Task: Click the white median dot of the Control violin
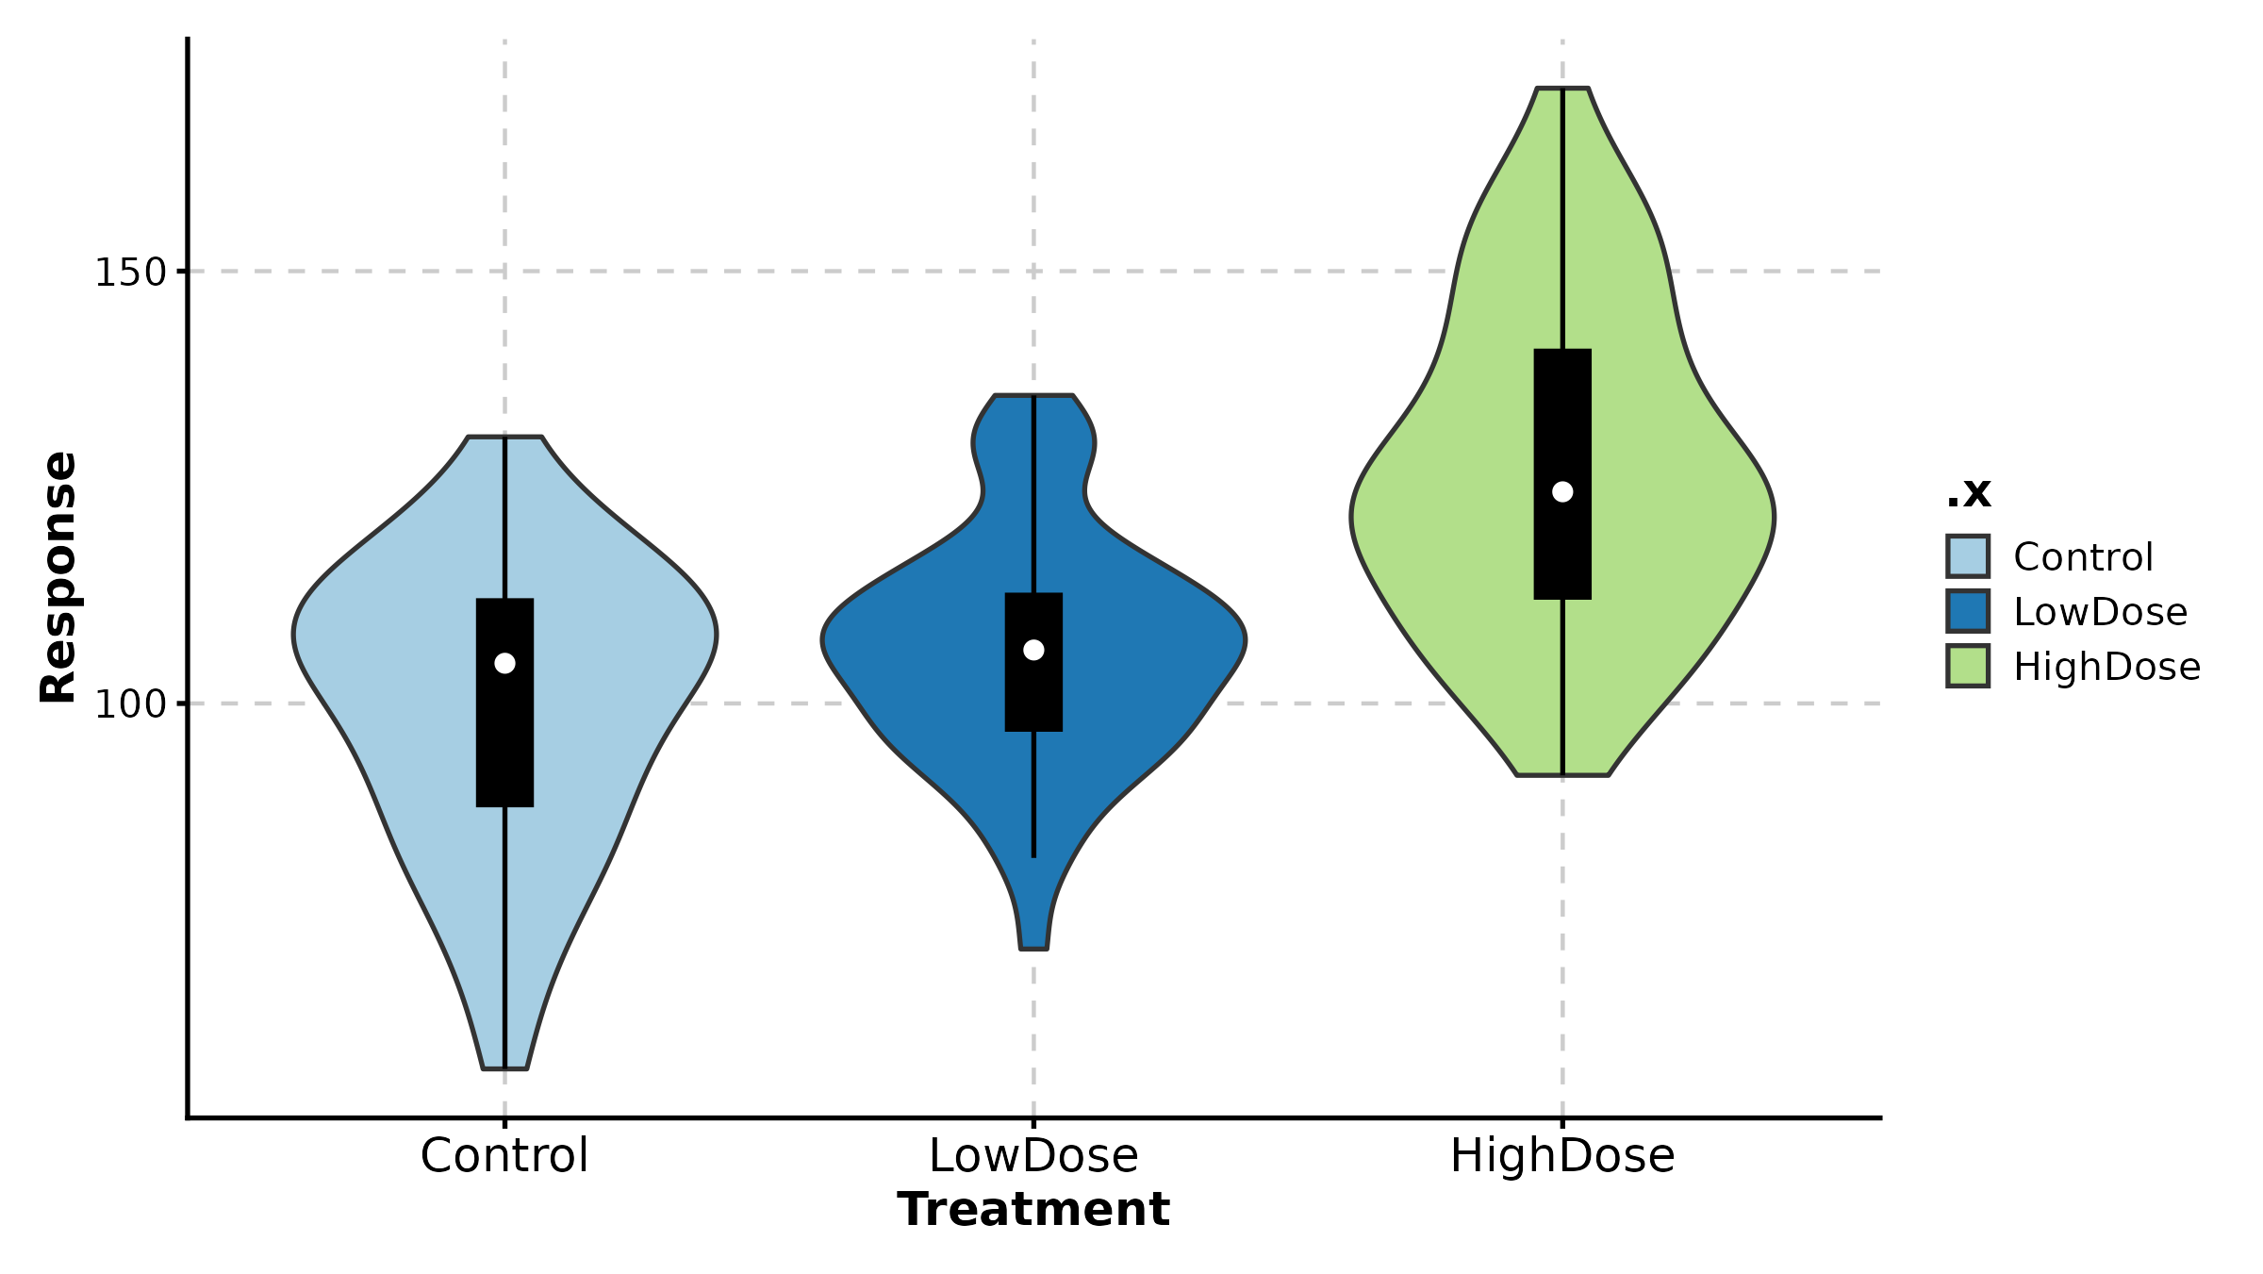[x=504, y=664]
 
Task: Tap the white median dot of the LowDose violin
[x=1033, y=650]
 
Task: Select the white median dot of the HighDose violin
[x=1562, y=491]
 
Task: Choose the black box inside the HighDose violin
[x=1562, y=415]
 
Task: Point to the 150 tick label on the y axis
[x=130, y=273]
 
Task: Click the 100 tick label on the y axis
[x=130, y=704]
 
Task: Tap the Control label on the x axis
[x=504, y=1156]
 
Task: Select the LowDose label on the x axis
[x=1033, y=1156]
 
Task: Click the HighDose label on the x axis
[x=1562, y=1156]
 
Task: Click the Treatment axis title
[x=1033, y=1210]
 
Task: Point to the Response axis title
[x=58, y=577]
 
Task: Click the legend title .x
[x=1969, y=492]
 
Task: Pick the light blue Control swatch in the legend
[x=1968, y=556]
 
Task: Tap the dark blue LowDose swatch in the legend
[x=1968, y=611]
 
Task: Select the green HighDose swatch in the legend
[x=1968, y=666]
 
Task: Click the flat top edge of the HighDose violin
[x=1562, y=89]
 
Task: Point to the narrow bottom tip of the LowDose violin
[x=1033, y=947]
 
